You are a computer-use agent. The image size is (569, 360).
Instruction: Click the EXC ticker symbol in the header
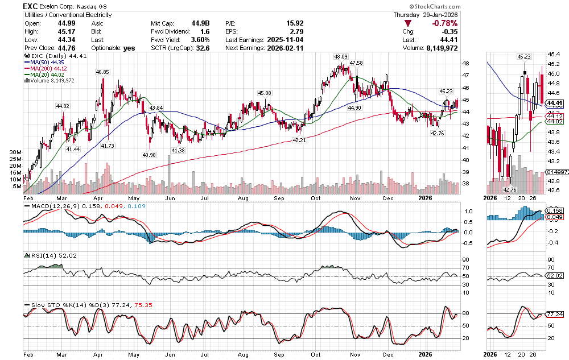tap(31, 6)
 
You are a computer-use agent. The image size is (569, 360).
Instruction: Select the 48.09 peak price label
tap(341, 57)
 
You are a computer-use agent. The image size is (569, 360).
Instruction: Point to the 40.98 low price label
tap(149, 155)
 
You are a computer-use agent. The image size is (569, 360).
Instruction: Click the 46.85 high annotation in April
tap(102, 72)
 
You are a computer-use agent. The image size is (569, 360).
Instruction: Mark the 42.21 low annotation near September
tap(299, 140)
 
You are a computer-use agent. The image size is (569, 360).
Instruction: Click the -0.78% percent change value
tap(445, 23)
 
